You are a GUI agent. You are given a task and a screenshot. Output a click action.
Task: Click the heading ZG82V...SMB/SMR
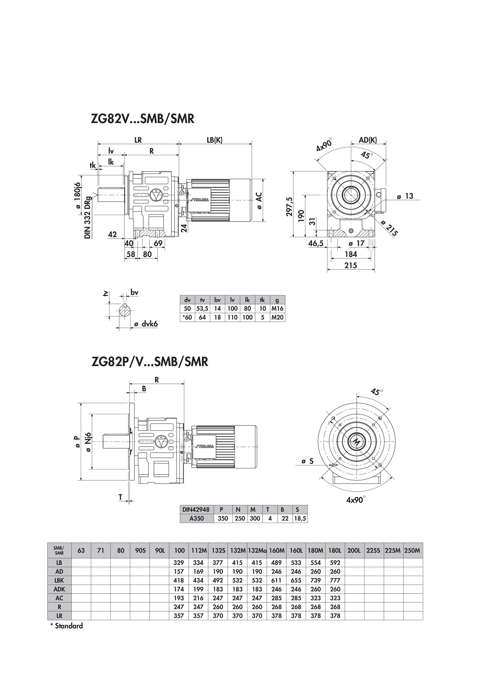coord(142,119)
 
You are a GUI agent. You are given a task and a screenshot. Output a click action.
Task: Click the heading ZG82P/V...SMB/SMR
coord(150,361)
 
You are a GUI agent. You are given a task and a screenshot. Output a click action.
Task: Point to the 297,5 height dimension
coord(290,206)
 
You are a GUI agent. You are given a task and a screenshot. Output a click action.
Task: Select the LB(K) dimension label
coord(215,140)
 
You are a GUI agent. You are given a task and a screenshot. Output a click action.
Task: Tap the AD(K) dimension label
coord(368,140)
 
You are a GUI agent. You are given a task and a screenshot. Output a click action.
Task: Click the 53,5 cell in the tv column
coord(202,309)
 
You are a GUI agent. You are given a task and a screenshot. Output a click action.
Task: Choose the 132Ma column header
coord(257,551)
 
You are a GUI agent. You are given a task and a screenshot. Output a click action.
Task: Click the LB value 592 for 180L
coord(335,563)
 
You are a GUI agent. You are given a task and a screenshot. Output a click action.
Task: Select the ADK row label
coord(59,589)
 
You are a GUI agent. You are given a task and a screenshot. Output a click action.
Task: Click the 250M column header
coord(413,551)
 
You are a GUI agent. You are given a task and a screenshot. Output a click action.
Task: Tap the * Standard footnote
coord(67,626)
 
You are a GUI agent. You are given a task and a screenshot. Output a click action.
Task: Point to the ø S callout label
coord(307,462)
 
